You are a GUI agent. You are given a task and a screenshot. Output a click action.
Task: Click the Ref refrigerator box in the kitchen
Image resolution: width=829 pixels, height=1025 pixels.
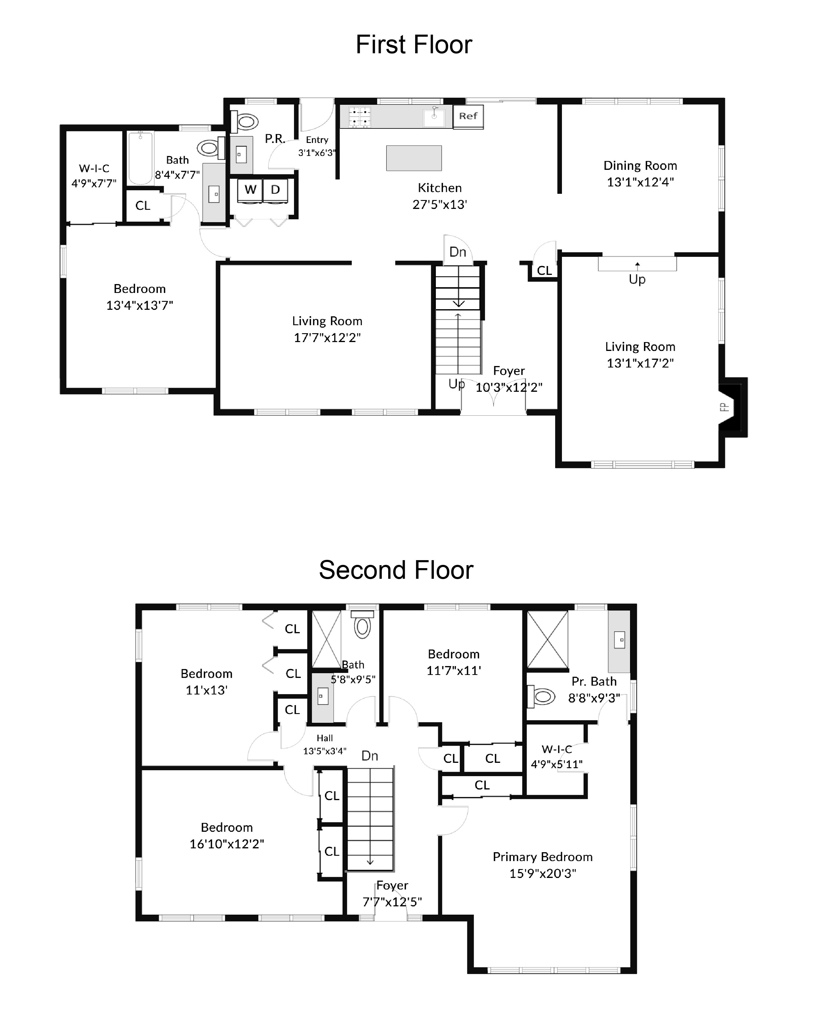coord(468,116)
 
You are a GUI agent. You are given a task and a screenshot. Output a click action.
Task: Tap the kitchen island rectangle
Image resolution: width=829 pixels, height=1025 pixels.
coord(414,158)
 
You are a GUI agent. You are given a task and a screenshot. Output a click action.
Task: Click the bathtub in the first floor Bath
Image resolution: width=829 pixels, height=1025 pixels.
coord(140,158)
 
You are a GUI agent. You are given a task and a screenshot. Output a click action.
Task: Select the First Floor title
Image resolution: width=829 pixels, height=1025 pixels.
coord(414,45)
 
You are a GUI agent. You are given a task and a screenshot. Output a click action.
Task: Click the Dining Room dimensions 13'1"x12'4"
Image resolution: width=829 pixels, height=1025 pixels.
coord(640,182)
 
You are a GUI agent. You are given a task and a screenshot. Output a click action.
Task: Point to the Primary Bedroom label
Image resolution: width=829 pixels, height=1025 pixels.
coord(542,857)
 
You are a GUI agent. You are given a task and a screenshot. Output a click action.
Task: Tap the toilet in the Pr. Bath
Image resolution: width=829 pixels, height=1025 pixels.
coord(542,697)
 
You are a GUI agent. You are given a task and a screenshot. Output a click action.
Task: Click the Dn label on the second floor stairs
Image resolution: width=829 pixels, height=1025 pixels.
coord(369,756)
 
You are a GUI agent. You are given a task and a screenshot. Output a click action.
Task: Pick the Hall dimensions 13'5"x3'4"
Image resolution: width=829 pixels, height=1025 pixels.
coord(325,751)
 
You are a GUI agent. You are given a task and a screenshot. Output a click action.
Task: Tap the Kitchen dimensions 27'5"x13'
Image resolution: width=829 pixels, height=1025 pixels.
coord(439,205)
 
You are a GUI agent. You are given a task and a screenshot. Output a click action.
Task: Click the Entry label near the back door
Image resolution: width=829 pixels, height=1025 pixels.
coord(317,140)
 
